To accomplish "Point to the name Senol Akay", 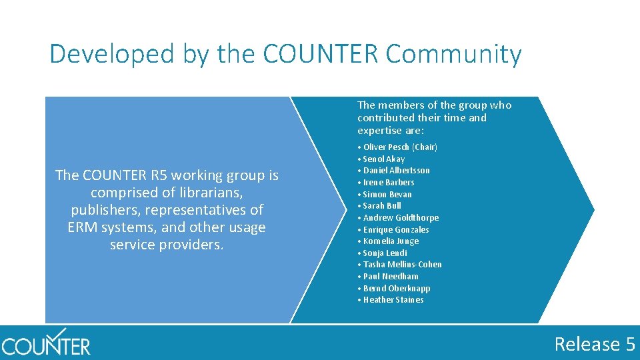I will click(x=384, y=159).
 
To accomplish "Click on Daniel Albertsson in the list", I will click(x=397, y=170).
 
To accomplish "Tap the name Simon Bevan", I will click(x=387, y=194).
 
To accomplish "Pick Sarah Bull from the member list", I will click(x=382, y=205).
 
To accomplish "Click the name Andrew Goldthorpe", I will click(x=401, y=217).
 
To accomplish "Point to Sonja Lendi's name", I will click(x=385, y=253).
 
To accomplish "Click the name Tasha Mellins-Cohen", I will click(x=403, y=264).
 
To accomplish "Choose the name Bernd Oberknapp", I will click(x=397, y=288).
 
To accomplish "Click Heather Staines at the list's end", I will click(x=393, y=299).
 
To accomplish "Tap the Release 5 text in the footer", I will click(x=595, y=344).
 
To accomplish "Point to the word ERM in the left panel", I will click(x=83, y=227).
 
